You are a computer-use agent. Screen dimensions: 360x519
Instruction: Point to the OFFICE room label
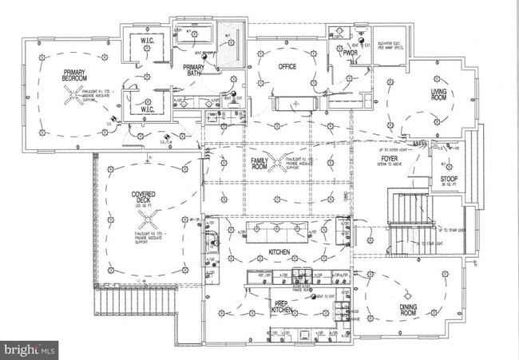[x=287, y=67]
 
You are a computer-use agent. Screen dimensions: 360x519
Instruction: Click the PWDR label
[x=350, y=53]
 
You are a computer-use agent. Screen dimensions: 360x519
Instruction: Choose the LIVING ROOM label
[x=439, y=84]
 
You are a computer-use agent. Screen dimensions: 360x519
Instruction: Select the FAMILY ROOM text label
[x=259, y=164]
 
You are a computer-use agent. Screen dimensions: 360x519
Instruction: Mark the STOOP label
[x=448, y=180]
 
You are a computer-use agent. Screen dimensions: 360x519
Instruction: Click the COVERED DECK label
[x=146, y=199]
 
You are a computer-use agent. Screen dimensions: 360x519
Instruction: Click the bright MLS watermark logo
[x=30, y=349]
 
